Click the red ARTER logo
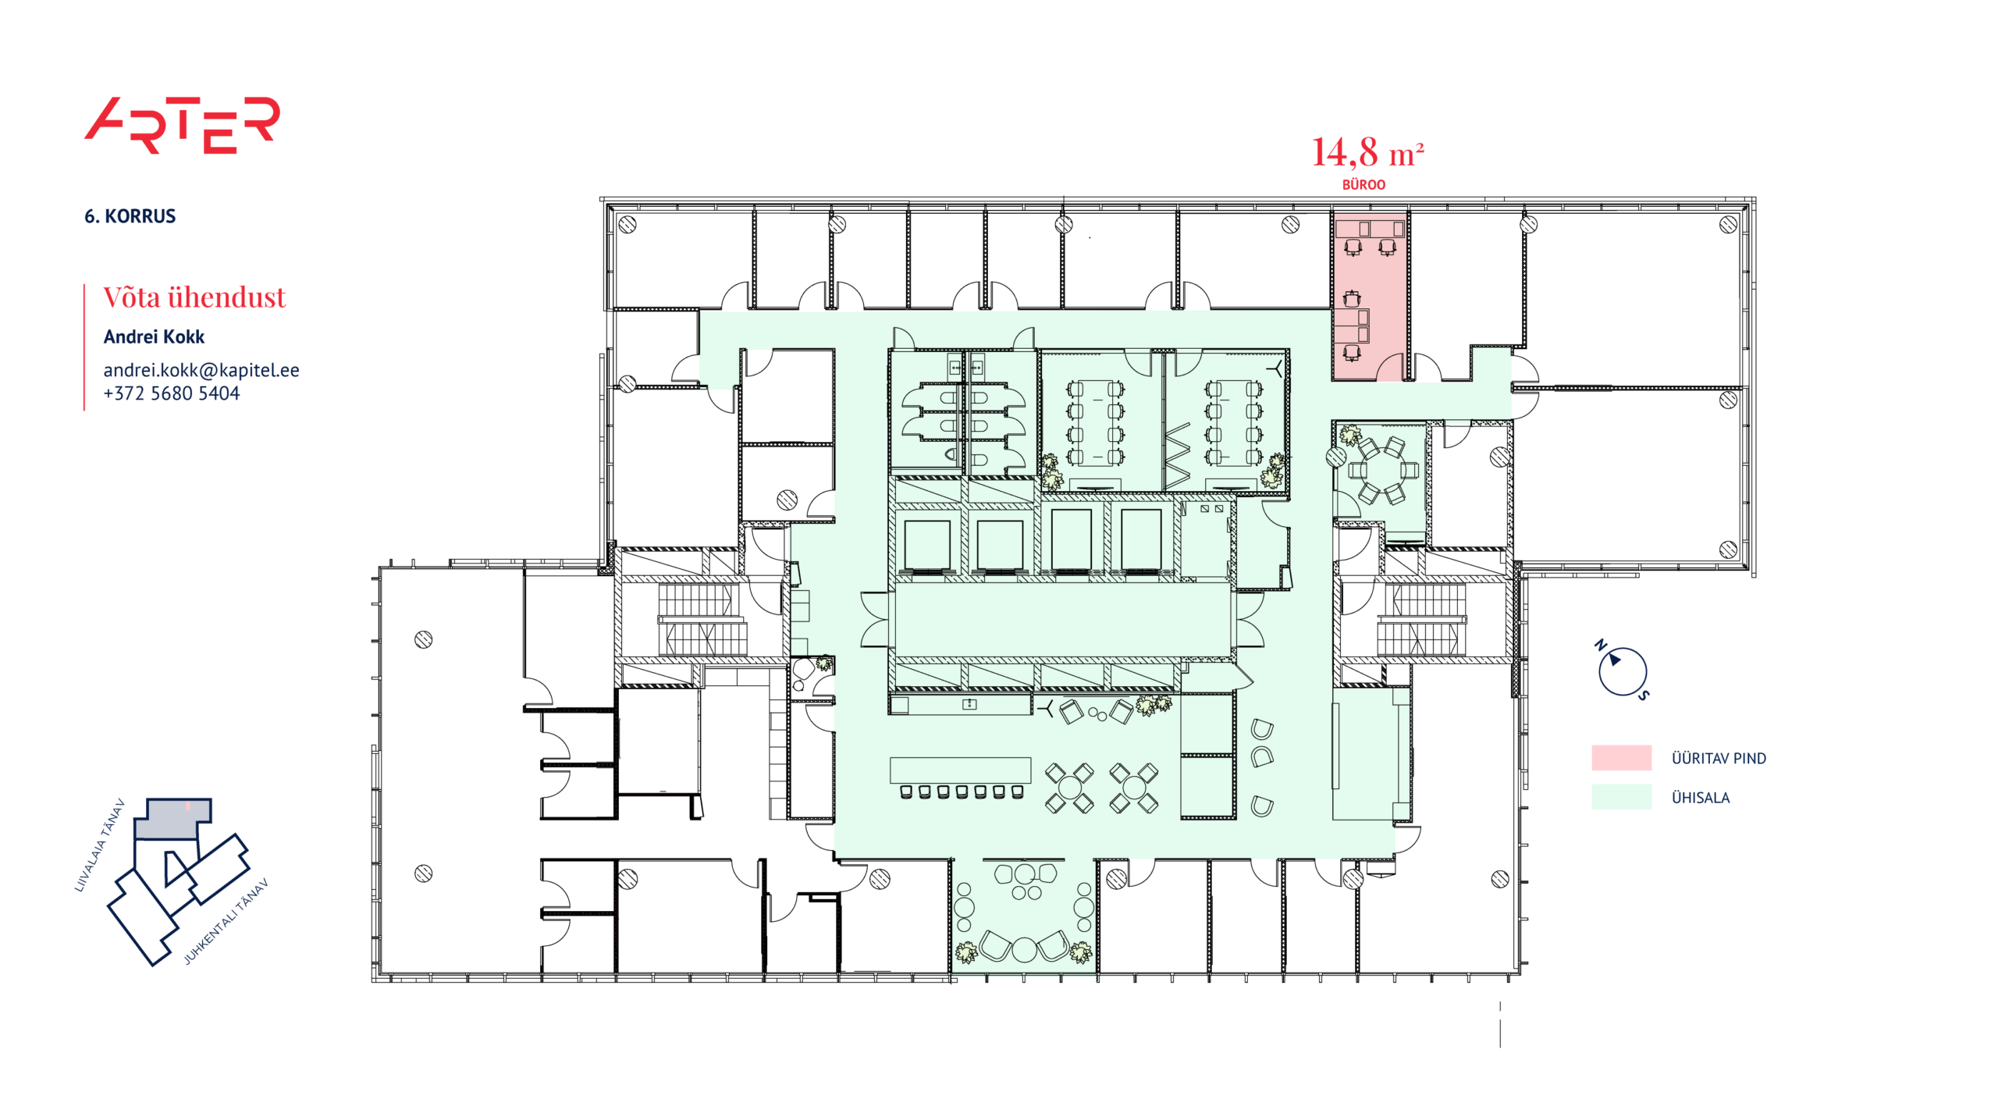tap(182, 125)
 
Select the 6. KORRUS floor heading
tap(130, 216)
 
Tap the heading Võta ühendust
tap(194, 297)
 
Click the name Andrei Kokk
tap(154, 336)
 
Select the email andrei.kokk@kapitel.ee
tap(201, 370)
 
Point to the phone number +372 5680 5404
tap(172, 393)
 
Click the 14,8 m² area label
tap(1367, 152)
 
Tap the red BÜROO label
tap(1363, 185)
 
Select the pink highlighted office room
tap(1369, 297)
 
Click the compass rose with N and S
tap(1622, 671)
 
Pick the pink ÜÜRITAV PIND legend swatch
tap(1621, 758)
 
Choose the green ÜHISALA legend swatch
tap(1621, 797)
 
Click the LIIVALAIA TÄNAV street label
tap(99, 845)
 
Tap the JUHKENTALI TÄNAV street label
tap(226, 921)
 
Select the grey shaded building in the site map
tap(172, 818)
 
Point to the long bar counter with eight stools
tap(960, 777)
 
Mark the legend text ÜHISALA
tap(1700, 798)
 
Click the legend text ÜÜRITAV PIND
tap(1719, 758)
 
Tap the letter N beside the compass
tap(1600, 645)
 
